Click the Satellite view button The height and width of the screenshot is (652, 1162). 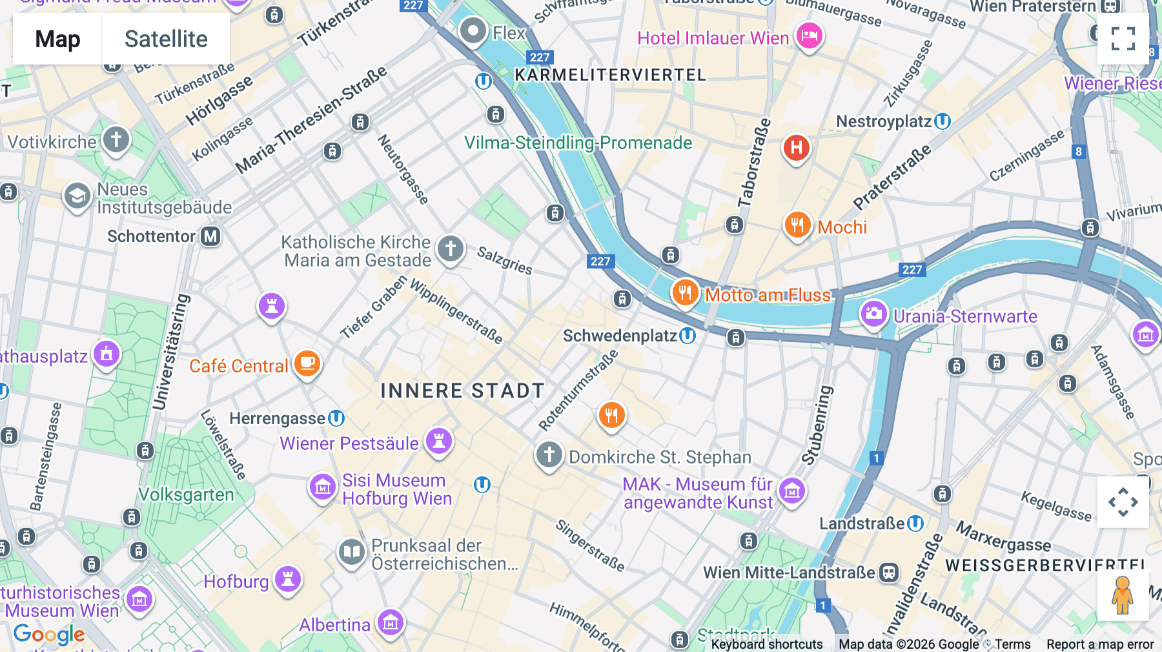[x=166, y=39]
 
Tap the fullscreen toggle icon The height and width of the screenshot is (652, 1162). [x=1123, y=39]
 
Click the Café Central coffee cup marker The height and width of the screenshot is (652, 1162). [x=307, y=364]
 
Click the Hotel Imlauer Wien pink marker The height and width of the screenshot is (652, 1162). [x=809, y=36]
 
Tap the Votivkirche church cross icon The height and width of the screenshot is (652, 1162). [x=116, y=139]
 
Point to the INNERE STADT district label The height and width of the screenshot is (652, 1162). [x=462, y=391]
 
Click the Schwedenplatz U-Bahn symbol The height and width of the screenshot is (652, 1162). [x=688, y=336]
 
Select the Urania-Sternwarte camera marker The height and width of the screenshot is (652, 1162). [x=873, y=315]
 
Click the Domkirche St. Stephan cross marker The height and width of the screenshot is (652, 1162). [x=549, y=455]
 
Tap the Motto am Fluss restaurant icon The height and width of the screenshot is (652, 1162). [x=685, y=294]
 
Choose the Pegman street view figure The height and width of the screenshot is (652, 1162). [x=1123, y=595]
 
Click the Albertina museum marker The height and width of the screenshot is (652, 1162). [x=391, y=624]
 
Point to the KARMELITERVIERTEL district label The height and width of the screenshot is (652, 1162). [x=610, y=75]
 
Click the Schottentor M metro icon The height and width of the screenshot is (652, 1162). [x=210, y=236]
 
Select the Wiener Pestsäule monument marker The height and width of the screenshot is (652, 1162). [x=439, y=442]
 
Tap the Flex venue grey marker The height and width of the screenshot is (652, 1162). [x=473, y=31]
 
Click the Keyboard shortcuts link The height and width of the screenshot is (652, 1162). [x=767, y=644]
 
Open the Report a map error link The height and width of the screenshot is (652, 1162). [x=1100, y=644]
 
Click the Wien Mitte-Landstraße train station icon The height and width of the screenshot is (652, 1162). [x=890, y=572]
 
